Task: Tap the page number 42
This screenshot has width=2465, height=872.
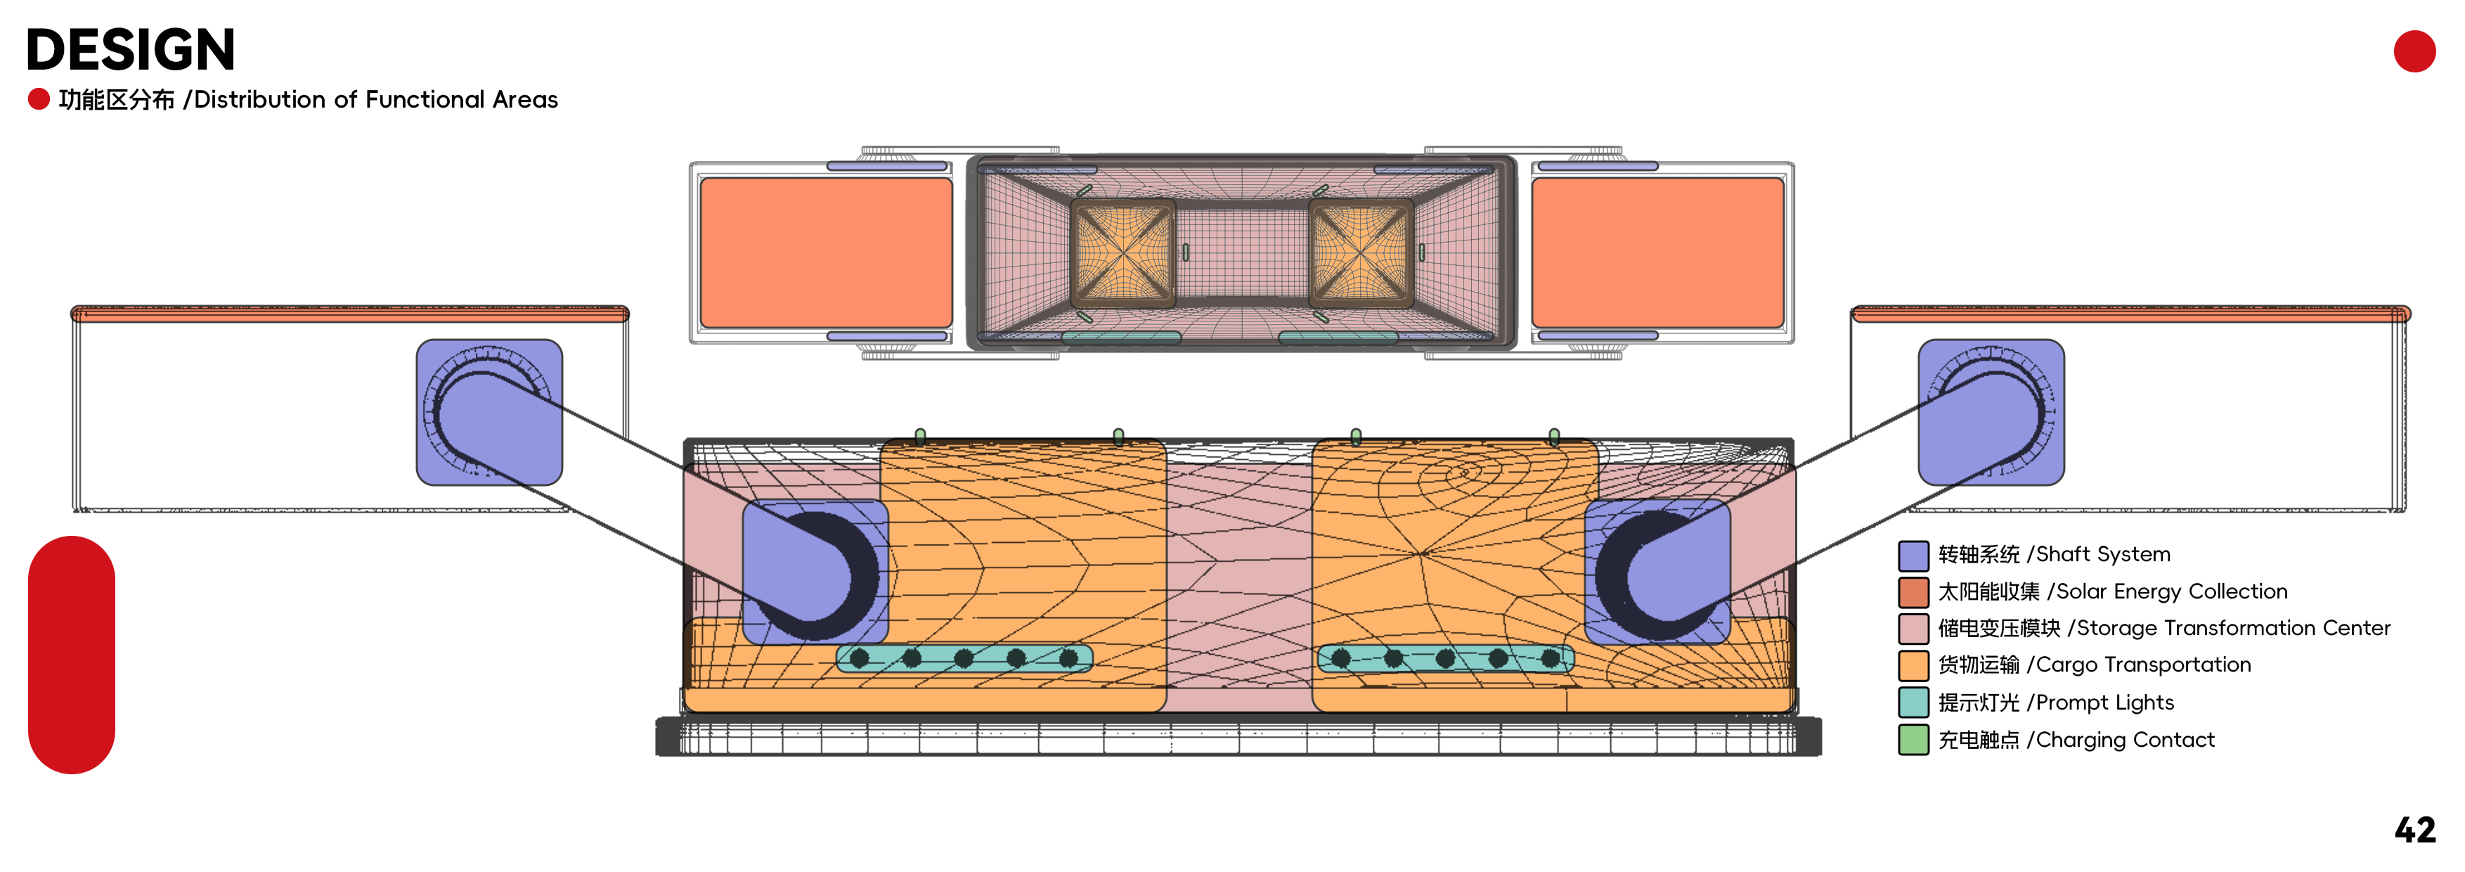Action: (2414, 830)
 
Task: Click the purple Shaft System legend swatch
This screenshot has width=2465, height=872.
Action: (1913, 555)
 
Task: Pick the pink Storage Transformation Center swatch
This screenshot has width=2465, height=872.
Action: (1913, 629)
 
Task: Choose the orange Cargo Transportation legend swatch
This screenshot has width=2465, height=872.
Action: (1913, 665)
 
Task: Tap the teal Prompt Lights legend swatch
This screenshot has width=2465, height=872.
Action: (1913, 703)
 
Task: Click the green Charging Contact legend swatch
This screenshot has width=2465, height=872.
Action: (1913, 740)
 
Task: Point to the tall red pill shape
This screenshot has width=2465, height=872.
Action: (72, 655)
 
